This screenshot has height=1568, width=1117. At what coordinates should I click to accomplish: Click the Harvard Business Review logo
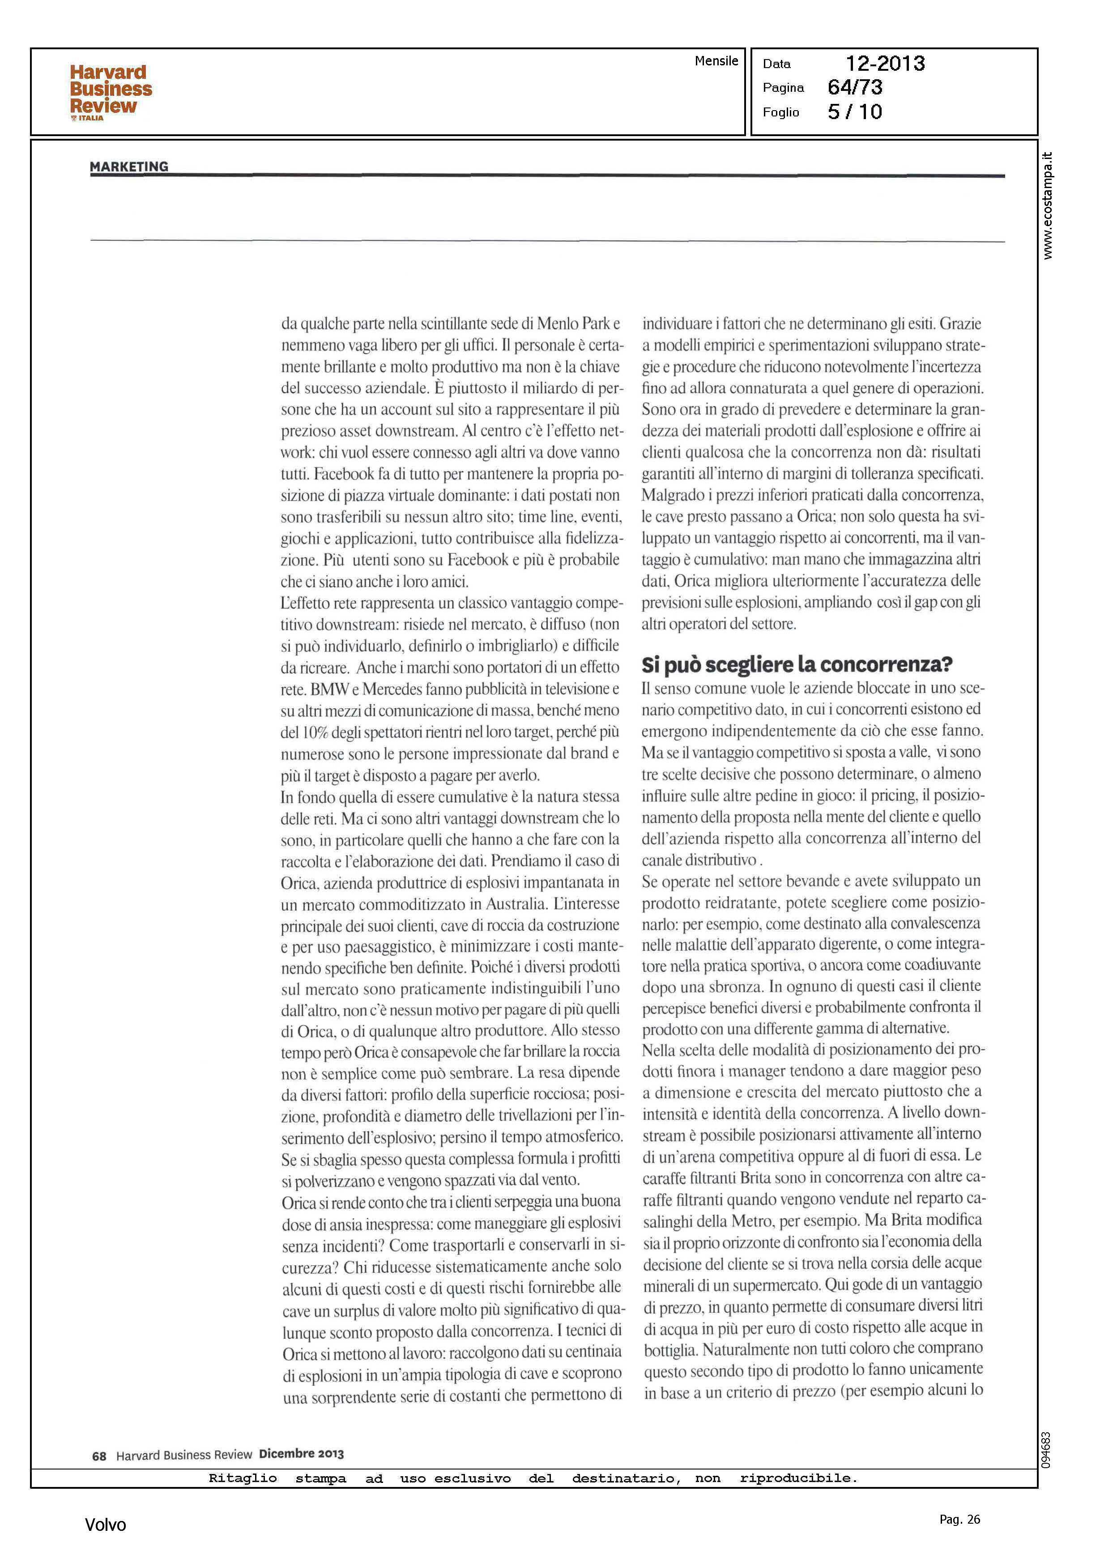click(x=110, y=91)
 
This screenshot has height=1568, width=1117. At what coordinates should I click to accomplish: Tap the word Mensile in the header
click(x=716, y=61)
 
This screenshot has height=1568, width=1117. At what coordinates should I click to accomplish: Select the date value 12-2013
click(x=885, y=64)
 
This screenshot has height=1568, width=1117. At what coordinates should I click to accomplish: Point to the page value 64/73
click(x=855, y=87)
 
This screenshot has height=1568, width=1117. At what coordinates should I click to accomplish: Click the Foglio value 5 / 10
click(x=855, y=112)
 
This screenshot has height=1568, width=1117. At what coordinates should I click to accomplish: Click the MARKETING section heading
click(x=128, y=167)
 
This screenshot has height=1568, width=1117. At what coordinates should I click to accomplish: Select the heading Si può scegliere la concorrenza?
click(x=797, y=664)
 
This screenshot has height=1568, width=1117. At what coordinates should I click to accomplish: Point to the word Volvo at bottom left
click(x=105, y=1525)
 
